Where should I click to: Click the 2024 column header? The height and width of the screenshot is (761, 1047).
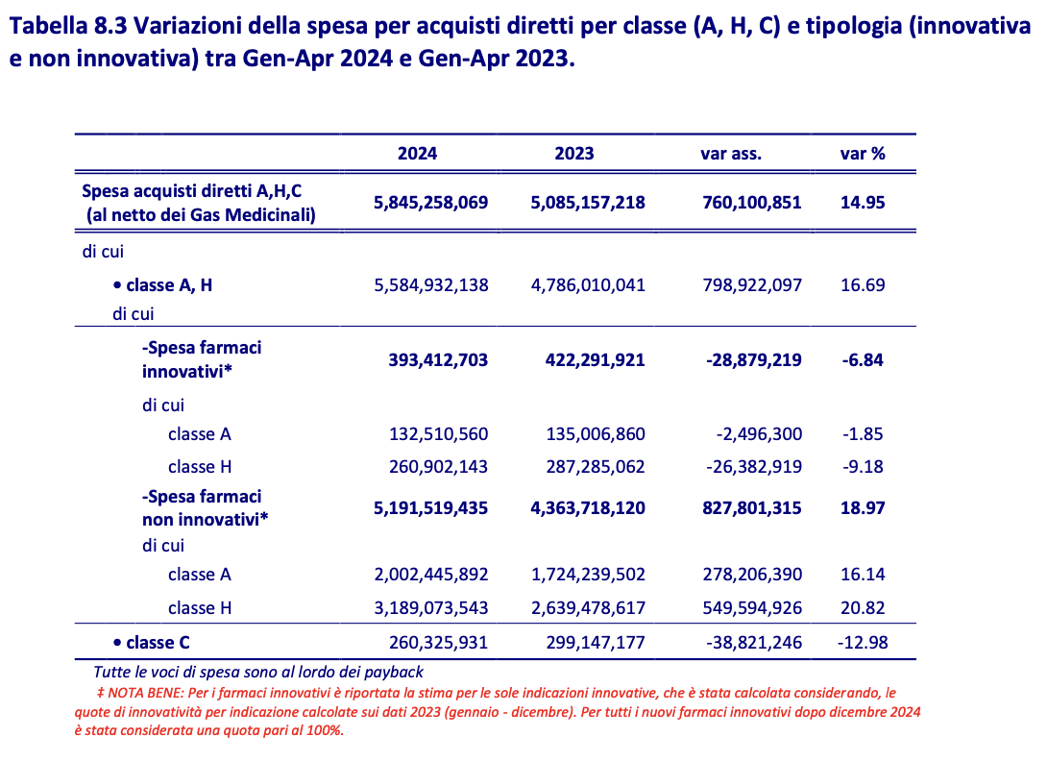pos(417,154)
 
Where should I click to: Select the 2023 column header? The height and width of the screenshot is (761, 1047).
pos(574,154)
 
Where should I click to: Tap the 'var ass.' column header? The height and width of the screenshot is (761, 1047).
pos(731,154)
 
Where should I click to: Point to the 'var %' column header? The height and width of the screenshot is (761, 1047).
pos(863,154)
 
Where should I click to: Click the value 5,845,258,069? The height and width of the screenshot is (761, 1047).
pos(430,203)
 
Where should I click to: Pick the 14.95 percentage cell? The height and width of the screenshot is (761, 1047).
pos(863,203)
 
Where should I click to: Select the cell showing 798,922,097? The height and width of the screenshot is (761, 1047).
pos(745,285)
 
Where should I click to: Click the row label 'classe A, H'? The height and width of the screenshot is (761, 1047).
pos(169,285)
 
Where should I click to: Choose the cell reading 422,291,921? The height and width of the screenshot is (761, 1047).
pos(588,360)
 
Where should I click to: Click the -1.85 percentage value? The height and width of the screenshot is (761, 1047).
pos(863,434)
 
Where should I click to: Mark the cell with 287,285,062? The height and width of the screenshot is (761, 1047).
pos(588,467)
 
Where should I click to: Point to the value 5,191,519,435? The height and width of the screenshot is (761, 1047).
pos(430,508)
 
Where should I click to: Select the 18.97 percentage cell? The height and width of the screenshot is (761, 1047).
pos(863,508)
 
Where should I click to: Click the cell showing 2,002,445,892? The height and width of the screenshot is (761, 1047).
pos(430,575)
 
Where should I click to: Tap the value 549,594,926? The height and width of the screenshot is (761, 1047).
pos(745,608)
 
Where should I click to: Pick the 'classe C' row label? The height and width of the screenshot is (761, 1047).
pos(158,643)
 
